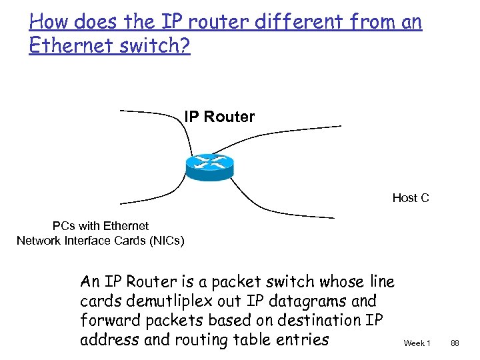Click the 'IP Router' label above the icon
tap(219, 117)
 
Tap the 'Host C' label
tap(411, 198)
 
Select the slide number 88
tap(455, 343)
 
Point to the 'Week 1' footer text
tap(417, 343)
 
